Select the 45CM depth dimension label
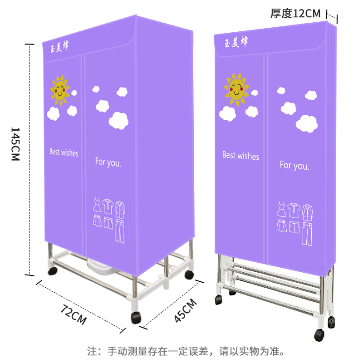click(x=185, y=310)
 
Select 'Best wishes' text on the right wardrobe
click(x=240, y=156)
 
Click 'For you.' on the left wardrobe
click(x=108, y=162)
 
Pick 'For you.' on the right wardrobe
click(x=294, y=165)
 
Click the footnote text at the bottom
click(x=186, y=351)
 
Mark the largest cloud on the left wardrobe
click(x=119, y=120)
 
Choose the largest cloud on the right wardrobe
click(x=307, y=123)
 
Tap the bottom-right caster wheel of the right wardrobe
click(x=319, y=335)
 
